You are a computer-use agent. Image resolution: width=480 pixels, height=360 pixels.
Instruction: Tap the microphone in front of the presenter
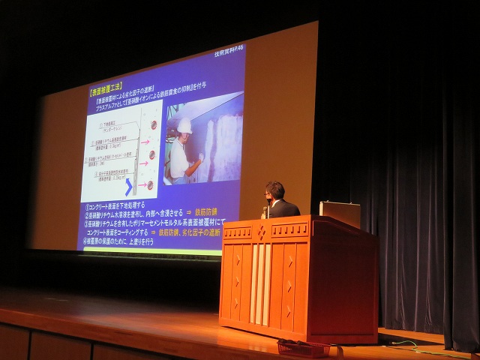[265, 211]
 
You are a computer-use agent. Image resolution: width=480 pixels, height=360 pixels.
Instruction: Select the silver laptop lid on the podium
[339, 214]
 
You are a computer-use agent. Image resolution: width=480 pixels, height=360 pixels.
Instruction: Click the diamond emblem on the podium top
[262, 232]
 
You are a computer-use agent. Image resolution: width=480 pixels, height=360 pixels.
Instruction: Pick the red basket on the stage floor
[303, 349]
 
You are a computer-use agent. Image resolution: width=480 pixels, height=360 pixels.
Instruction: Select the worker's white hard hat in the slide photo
[184, 127]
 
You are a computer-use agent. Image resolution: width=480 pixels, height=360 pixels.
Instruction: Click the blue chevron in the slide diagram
[129, 185]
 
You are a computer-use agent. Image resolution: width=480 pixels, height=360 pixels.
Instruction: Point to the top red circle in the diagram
[153, 124]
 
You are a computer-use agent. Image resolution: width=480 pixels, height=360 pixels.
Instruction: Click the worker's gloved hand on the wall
[200, 157]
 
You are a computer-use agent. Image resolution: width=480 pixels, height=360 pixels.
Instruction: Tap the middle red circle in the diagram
[152, 154]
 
